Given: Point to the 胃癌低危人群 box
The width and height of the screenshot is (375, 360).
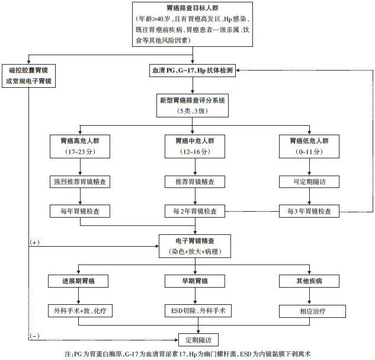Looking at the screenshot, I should (309, 146).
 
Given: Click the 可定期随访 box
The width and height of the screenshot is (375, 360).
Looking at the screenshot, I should (309, 181).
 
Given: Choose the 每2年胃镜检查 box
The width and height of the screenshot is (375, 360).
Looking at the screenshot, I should (194, 211).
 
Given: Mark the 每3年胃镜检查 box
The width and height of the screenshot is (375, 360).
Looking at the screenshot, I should (309, 211).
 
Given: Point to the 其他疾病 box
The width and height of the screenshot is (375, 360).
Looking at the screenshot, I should (309, 281).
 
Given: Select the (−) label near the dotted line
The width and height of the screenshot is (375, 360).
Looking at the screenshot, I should (34, 336).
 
